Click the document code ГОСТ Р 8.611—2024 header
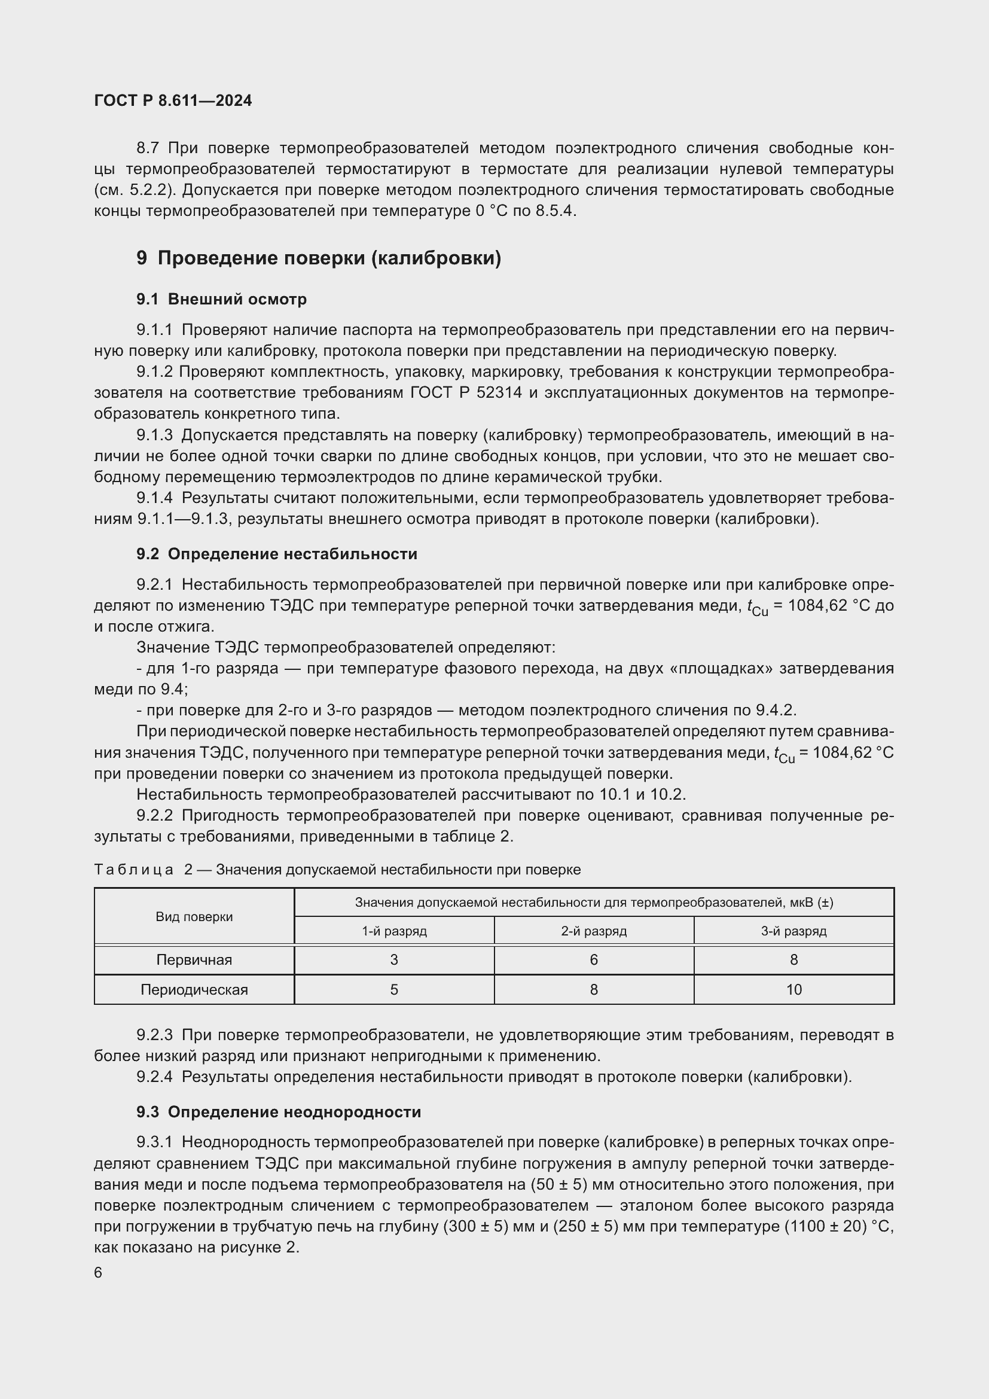coord(173,100)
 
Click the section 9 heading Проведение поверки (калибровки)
coord(319,258)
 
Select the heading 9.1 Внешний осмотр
coord(222,299)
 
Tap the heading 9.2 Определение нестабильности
coord(277,554)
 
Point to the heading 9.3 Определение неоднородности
coord(278,1112)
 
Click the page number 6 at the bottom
coord(98,1273)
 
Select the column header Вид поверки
coord(194,916)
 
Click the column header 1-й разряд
coord(394,931)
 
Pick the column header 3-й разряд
coord(793,931)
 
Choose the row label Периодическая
coord(194,989)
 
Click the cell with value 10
coord(793,989)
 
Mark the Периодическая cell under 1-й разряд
coord(394,989)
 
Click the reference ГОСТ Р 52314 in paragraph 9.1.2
coord(466,393)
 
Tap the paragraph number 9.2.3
coord(155,1035)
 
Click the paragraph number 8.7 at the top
coord(148,148)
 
